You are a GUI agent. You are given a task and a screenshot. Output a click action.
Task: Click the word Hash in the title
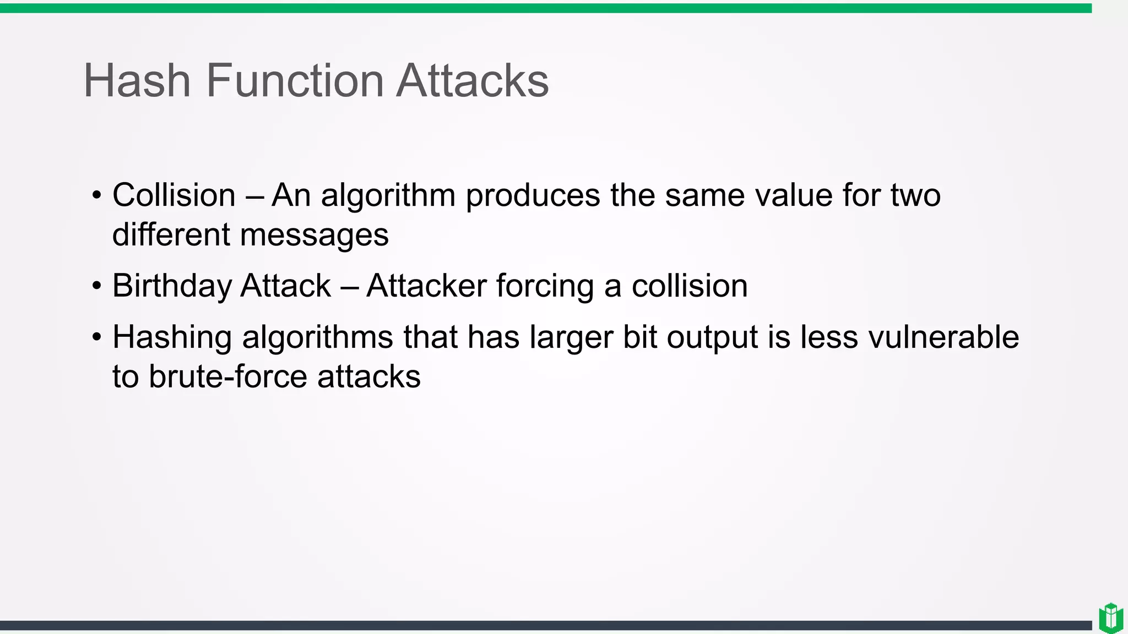tap(137, 81)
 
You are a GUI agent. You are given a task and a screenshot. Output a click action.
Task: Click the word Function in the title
tap(294, 81)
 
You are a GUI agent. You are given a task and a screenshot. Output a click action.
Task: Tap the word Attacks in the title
tap(472, 81)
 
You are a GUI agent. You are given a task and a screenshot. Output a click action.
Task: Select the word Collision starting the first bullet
tap(174, 195)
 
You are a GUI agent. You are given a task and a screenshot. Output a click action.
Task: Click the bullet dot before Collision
tap(97, 195)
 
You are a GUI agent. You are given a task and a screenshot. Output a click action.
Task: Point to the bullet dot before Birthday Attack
tap(97, 286)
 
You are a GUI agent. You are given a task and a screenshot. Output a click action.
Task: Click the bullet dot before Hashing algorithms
tap(97, 337)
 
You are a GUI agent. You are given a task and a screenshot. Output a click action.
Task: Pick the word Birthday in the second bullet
tap(171, 286)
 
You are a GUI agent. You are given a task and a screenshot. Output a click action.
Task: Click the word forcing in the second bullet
tap(546, 286)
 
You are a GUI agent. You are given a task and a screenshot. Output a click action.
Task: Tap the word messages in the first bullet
tap(314, 235)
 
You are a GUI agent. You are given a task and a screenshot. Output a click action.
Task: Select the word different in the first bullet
tap(171, 235)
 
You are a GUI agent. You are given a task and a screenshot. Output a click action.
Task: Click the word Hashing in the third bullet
tap(172, 337)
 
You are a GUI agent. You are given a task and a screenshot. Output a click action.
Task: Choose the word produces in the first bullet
tap(533, 196)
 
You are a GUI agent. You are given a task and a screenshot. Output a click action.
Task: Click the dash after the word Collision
tap(254, 196)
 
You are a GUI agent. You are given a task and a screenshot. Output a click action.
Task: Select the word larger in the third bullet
tap(571, 337)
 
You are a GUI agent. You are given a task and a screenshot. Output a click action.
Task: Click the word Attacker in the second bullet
tap(427, 286)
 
